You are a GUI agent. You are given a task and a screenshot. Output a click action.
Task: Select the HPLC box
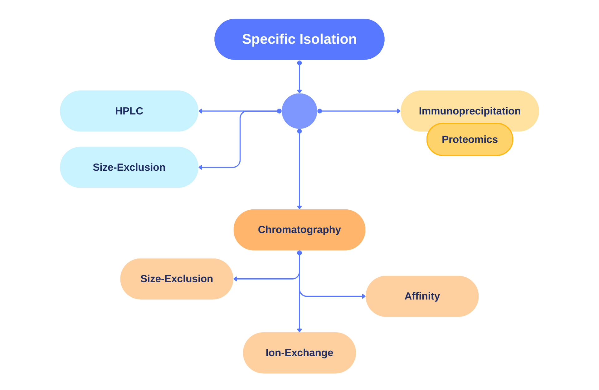129,111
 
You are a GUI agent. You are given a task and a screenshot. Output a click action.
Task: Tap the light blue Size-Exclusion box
129,167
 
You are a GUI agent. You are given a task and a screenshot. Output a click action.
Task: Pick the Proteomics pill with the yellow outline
470,140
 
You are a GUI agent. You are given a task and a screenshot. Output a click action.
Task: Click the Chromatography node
299,230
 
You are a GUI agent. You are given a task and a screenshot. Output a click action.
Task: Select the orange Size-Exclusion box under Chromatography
177,279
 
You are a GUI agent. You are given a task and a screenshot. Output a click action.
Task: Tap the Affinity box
422,296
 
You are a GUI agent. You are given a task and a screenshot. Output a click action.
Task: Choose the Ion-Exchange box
299,353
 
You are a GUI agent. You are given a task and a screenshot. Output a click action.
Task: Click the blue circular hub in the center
299,111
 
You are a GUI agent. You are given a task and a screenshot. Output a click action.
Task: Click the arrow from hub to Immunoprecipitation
359,111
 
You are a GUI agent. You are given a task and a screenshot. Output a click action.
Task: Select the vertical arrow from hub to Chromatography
299,168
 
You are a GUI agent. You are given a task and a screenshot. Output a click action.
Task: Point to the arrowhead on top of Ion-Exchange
299,329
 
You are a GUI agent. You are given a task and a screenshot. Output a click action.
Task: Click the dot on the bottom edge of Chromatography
299,253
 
